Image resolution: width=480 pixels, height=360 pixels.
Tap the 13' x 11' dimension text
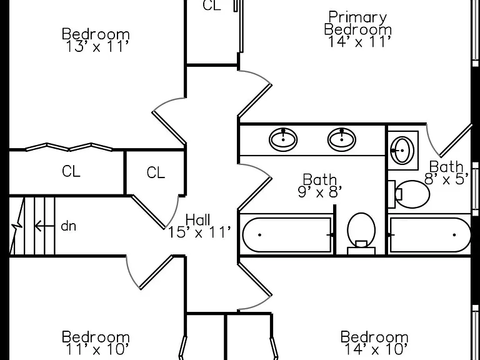click(96, 46)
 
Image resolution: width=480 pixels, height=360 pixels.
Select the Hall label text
click(198, 219)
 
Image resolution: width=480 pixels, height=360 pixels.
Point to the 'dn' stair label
click(69, 226)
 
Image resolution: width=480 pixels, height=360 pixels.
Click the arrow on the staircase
click(45, 226)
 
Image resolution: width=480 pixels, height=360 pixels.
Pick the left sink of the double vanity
click(283, 139)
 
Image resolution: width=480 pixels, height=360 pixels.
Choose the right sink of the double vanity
click(342, 139)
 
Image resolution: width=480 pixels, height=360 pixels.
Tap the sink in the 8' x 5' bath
click(403, 150)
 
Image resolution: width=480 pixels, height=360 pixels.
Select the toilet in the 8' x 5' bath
click(409, 194)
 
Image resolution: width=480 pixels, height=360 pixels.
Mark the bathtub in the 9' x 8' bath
click(287, 235)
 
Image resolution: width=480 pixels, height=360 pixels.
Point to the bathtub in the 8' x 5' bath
click(431, 235)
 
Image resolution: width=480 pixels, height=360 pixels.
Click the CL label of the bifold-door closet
click(71, 171)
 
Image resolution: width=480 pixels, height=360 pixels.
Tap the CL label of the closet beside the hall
click(156, 172)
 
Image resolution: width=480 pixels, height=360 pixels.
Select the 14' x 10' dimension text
click(376, 349)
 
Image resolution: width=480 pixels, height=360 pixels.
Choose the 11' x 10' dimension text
click(96, 349)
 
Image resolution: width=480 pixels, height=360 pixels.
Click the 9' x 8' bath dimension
click(319, 192)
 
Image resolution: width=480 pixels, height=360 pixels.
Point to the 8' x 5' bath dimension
click(447, 179)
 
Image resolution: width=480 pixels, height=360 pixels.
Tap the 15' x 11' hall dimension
click(199, 232)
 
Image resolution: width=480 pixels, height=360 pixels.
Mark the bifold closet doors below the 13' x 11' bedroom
click(69, 147)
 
